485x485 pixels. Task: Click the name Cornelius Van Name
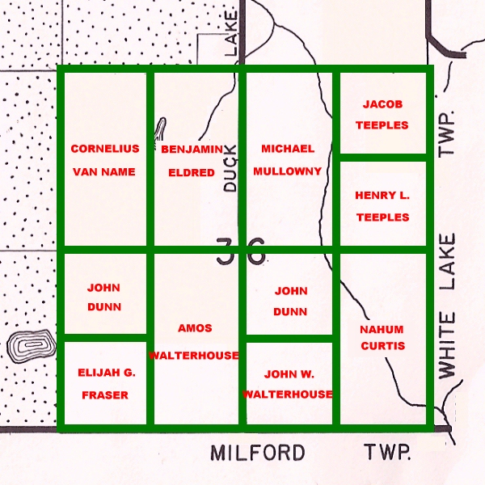104,160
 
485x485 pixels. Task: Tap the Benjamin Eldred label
192,160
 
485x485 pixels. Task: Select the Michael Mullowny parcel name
287,160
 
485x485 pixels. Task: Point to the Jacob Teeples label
382,115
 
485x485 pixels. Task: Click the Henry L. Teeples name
382,206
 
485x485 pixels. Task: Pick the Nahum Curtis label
382,337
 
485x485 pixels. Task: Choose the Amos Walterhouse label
194,342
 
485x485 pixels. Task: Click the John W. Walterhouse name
287,383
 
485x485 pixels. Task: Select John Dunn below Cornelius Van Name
104,297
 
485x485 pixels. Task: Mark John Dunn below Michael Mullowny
291,300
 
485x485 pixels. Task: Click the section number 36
241,251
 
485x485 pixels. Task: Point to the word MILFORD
258,453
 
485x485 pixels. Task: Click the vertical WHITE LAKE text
447,306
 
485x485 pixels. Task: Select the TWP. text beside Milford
387,453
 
